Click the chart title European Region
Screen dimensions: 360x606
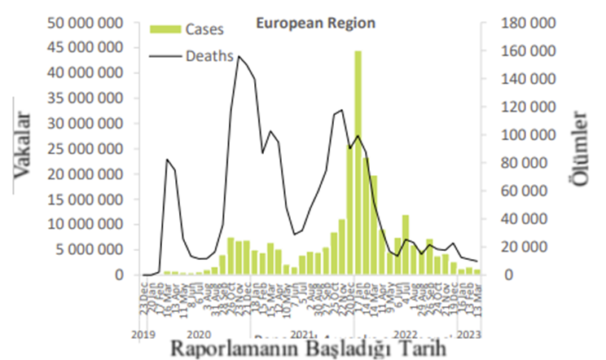(316, 24)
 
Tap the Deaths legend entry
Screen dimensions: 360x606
(209, 56)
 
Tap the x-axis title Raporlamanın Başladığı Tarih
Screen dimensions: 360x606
(310, 347)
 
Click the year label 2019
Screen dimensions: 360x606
(143, 334)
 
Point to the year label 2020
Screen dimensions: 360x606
(199, 334)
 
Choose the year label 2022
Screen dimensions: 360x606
(405, 334)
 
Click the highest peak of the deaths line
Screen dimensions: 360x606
(238, 56)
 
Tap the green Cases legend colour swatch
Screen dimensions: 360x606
(163, 29)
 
